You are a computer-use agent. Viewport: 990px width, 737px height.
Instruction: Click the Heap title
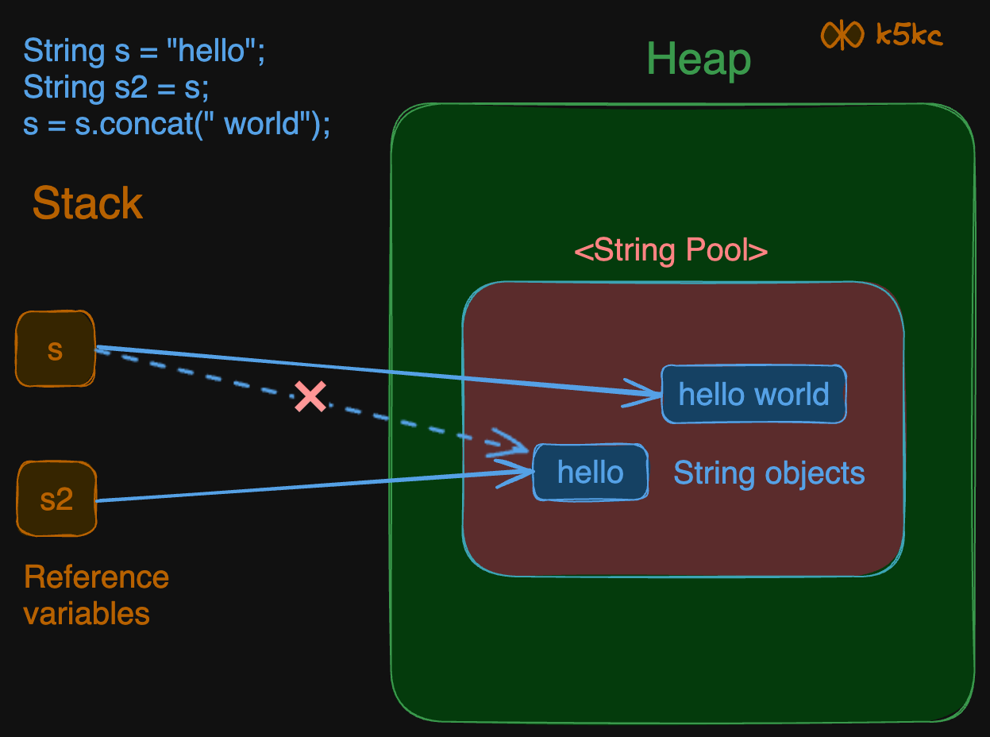point(699,60)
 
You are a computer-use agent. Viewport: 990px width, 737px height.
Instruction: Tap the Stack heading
point(87,204)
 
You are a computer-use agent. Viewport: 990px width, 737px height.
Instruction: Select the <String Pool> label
point(671,251)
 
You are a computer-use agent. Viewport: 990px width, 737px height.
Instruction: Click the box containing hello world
point(753,394)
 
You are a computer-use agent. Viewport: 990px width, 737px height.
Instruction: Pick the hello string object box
point(591,473)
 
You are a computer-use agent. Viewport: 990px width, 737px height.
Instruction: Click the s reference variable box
point(56,349)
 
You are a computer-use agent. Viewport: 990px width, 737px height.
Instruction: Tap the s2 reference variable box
point(56,499)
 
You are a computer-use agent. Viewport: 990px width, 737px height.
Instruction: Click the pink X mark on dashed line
point(310,396)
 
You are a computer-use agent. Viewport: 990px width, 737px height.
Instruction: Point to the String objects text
point(769,473)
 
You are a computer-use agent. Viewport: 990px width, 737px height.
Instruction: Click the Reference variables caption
point(96,595)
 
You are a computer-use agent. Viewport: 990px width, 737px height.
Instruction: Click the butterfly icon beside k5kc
point(842,35)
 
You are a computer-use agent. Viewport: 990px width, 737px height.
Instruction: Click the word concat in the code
point(127,125)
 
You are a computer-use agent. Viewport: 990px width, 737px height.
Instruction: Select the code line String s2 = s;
point(116,88)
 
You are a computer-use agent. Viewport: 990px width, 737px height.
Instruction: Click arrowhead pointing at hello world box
point(648,392)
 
